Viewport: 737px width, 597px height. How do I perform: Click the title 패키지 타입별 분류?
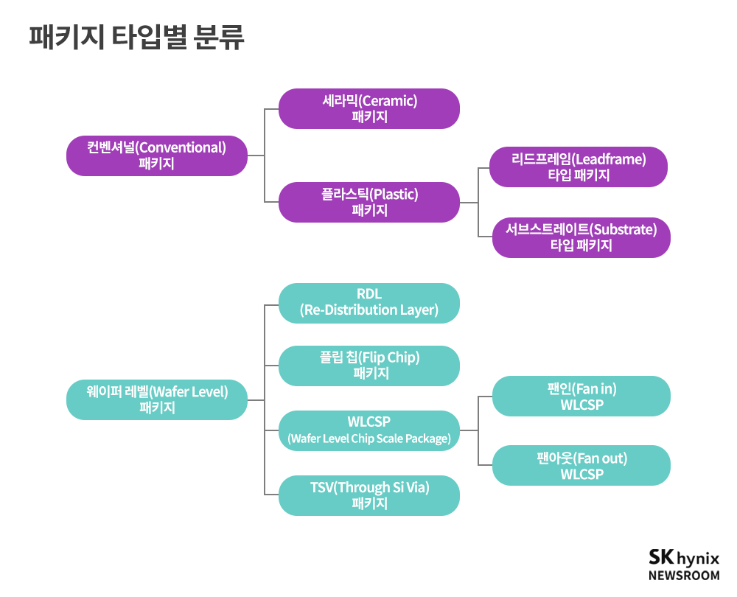click(136, 37)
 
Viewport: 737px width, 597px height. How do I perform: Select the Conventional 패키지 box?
click(156, 156)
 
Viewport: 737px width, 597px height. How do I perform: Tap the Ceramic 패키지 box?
click(369, 108)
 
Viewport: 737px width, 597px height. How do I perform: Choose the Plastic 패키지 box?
click(369, 202)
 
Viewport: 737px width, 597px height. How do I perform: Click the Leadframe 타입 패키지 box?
click(579, 167)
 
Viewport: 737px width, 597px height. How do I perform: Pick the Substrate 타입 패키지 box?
click(581, 237)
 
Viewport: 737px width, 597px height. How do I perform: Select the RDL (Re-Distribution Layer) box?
click(369, 303)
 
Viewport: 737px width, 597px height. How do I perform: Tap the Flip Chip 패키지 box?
click(369, 366)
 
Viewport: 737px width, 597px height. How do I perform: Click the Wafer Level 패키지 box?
click(156, 399)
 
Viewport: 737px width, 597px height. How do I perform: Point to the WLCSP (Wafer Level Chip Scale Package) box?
click(369, 430)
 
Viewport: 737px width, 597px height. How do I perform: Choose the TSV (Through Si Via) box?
click(369, 495)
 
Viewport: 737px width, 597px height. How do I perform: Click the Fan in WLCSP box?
click(581, 397)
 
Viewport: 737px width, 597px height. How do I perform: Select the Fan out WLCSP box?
click(581, 466)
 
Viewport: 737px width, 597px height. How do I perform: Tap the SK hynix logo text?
click(683, 557)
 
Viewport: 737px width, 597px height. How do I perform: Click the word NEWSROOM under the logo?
click(683, 576)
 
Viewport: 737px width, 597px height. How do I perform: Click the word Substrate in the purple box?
click(624, 229)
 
